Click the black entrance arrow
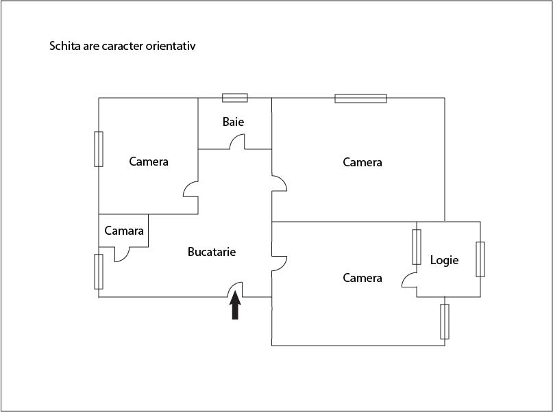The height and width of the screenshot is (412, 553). pyautogui.click(x=235, y=306)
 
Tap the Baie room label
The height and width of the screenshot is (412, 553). pyautogui.click(x=233, y=122)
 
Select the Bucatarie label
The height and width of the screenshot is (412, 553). pyautogui.click(x=212, y=252)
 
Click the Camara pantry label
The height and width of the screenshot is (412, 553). pyautogui.click(x=124, y=231)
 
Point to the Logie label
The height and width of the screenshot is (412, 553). pyautogui.click(x=444, y=260)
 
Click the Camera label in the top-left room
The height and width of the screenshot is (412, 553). pyautogui.click(x=149, y=162)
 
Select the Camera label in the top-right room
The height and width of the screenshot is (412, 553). pyautogui.click(x=362, y=162)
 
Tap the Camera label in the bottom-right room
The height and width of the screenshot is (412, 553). pyautogui.click(x=362, y=278)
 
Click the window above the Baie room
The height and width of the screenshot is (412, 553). pyautogui.click(x=235, y=97)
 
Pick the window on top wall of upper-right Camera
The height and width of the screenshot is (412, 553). pyautogui.click(x=360, y=98)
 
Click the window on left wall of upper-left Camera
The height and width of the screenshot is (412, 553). pyautogui.click(x=99, y=149)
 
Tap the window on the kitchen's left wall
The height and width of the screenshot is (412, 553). pyautogui.click(x=99, y=271)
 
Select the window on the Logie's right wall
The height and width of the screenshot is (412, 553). pyautogui.click(x=480, y=259)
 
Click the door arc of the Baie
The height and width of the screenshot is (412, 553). pyautogui.click(x=237, y=142)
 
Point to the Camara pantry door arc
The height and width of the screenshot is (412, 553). pyautogui.click(x=122, y=255)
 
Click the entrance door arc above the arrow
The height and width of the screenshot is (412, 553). pyautogui.click(x=235, y=289)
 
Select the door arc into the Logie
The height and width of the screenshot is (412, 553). pyautogui.click(x=409, y=280)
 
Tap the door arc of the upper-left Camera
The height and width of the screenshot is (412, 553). pyautogui.click(x=191, y=190)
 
